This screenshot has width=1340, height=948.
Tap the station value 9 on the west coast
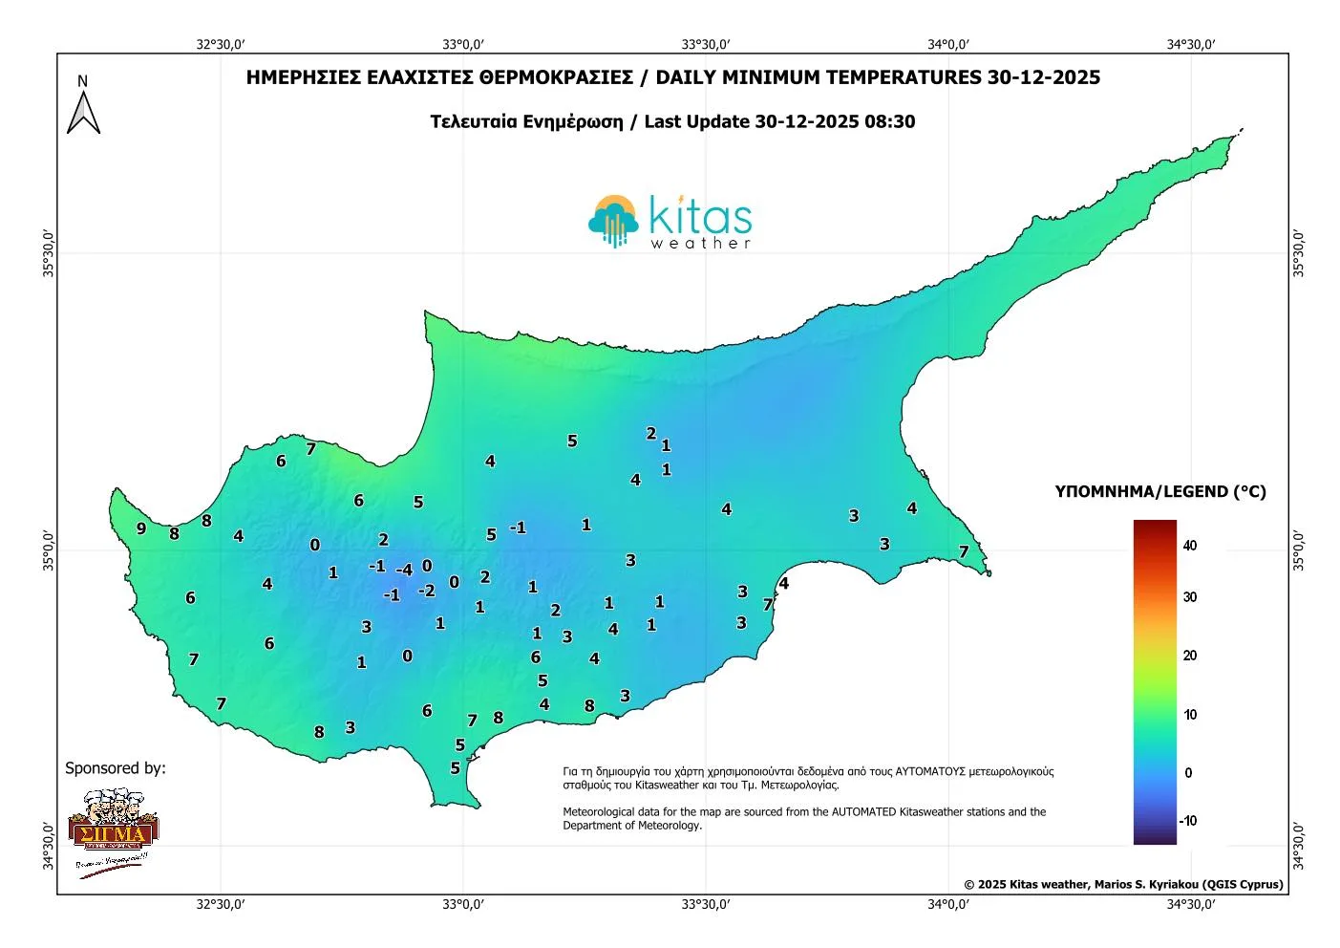point(141,528)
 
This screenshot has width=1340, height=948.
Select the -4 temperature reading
point(404,570)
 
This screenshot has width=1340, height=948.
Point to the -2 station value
point(426,591)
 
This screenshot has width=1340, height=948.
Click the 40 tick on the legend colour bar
point(1189,546)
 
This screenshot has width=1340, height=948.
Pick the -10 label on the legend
point(1187,821)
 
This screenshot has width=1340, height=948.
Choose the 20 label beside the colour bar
point(1189,656)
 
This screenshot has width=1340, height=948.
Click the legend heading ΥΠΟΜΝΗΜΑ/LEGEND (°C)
point(1160,491)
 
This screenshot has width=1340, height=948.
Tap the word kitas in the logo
point(700,216)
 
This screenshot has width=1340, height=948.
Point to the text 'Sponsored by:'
point(115,768)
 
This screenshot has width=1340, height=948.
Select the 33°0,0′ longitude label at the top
point(463,44)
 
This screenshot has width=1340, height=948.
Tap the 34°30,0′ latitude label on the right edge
point(1297,846)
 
